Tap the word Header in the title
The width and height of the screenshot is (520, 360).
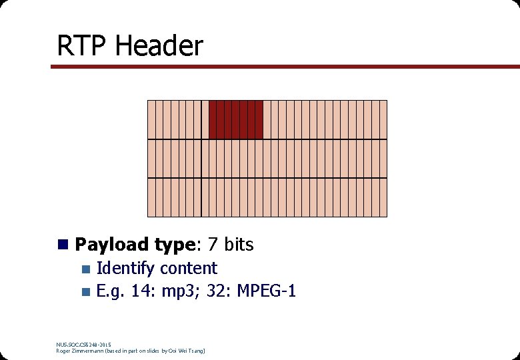pos(159,46)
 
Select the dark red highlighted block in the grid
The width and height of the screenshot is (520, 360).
pos(236,119)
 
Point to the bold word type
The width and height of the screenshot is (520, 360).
pos(170,245)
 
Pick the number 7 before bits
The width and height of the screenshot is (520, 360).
pos(211,245)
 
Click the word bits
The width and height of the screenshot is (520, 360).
pos(239,245)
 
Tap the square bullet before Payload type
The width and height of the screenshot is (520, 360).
pos(63,245)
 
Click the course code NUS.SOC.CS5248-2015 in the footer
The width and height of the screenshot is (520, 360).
pos(83,344)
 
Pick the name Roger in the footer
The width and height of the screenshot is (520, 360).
pos(63,351)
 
